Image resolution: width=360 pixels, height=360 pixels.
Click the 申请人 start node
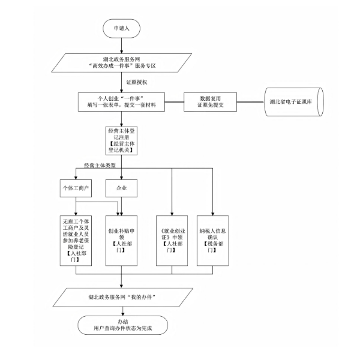pos(122,28)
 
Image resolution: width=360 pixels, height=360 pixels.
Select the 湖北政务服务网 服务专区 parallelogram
pos(122,64)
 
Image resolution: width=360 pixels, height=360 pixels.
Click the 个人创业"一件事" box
pos(122,102)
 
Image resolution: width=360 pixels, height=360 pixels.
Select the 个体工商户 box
pos(76,188)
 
